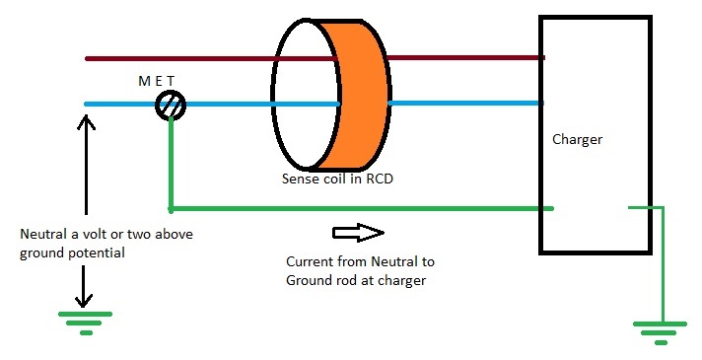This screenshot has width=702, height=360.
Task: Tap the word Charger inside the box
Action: [577, 140]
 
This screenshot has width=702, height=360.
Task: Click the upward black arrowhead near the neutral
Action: [87, 123]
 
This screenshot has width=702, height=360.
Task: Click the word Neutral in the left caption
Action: [42, 236]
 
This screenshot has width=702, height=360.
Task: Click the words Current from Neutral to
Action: [359, 262]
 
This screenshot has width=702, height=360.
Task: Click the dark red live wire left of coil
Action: [177, 58]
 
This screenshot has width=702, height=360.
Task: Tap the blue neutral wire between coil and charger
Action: [463, 103]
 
